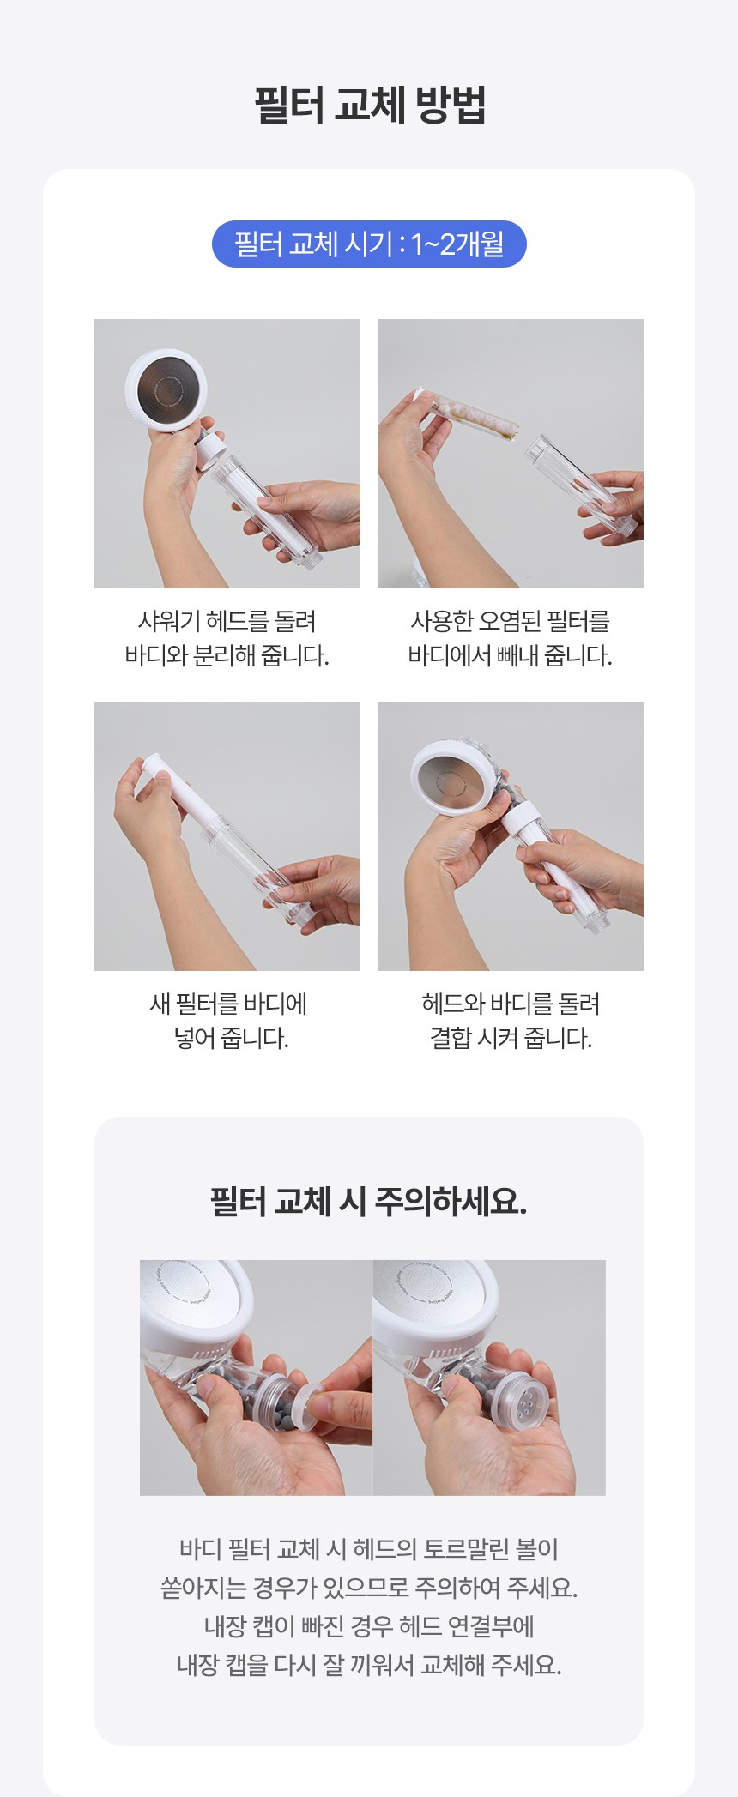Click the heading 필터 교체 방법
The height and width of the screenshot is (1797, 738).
[370, 106]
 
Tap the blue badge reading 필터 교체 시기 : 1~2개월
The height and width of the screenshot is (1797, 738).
[369, 244]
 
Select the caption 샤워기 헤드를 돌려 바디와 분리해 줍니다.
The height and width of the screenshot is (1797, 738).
[227, 638]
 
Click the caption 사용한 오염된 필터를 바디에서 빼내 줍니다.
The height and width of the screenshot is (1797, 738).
[511, 638]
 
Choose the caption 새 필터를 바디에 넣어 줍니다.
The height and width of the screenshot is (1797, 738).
[228, 1021]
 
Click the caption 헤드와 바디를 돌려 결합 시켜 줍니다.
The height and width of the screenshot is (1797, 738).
[511, 1021]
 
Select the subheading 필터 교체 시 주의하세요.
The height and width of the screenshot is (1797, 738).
[369, 1202]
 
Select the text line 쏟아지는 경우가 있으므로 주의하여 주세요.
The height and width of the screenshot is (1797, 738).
[369, 1588]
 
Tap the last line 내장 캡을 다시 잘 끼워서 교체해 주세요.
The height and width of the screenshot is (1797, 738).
[369, 1665]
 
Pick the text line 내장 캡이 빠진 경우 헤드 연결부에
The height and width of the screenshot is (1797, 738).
[369, 1626]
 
